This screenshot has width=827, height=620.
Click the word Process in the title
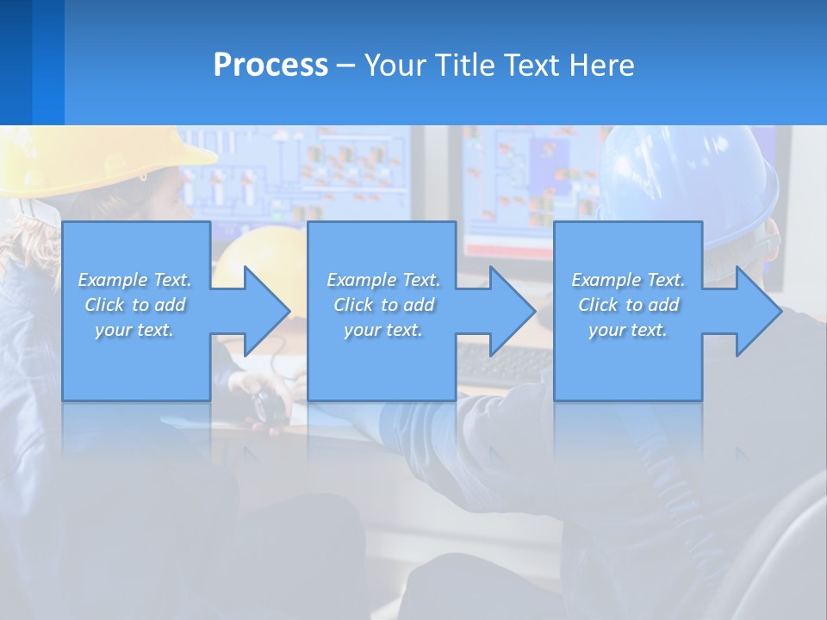point(270,65)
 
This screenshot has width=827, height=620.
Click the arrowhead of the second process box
point(511,311)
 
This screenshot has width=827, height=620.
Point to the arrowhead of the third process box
point(756,311)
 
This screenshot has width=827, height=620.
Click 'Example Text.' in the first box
point(134,280)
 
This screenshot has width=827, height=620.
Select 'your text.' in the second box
point(382,330)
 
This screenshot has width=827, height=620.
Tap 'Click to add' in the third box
point(629,305)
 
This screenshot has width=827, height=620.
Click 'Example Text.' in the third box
point(628,280)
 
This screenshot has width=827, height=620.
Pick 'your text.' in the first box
point(134,330)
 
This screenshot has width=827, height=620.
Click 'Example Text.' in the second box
point(383,280)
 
